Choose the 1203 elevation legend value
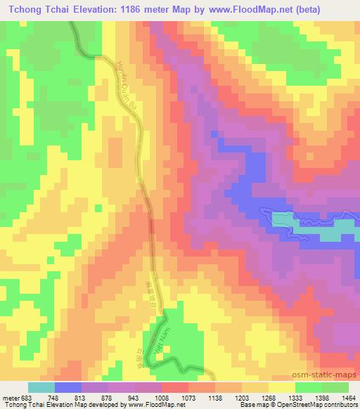pyautogui.click(x=242, y=396)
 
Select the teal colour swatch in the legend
pyautogui.click(x=41, y=387)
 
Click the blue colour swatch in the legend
pyautogui.click(x=68, y=387)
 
